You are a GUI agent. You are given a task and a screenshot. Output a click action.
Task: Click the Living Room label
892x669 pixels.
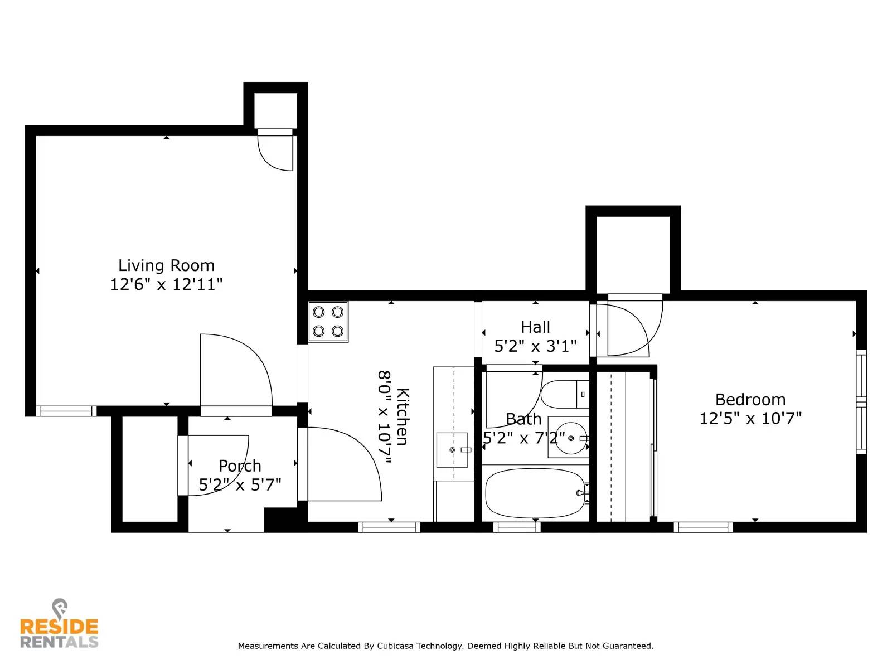tap(166, 265)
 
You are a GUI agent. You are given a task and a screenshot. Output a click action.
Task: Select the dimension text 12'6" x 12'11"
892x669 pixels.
tap(166, 284)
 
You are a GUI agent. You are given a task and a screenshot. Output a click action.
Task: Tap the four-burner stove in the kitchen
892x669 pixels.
tap(328, 322)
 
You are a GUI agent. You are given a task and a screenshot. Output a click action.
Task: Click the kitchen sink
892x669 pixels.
tap(452, 449)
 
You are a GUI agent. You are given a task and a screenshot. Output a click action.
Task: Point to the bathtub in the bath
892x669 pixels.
tap(535, 493)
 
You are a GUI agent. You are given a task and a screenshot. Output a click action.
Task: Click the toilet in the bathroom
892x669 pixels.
tap(564, 395)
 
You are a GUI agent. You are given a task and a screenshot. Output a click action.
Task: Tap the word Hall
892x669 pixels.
tap(535, 327)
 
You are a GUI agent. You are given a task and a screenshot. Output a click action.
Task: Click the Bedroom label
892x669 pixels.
tap(750, 400)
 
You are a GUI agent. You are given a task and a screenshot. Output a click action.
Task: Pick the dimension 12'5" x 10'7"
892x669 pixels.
tap(750, 419)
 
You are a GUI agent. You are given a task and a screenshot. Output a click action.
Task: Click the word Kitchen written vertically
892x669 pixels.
tap(403, 416)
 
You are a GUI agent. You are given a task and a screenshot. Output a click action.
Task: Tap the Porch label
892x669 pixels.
tap(240, 466)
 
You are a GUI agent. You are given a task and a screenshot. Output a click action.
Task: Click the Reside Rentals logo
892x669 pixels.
tap(59, 626)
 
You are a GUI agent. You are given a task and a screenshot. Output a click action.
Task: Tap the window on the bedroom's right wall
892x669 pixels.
tap(861, 401)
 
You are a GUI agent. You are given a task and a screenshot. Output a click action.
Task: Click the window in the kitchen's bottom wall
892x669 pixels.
tap(389, 527)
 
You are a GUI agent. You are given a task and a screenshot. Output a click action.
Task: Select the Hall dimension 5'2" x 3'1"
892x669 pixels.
tap(535, 346)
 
